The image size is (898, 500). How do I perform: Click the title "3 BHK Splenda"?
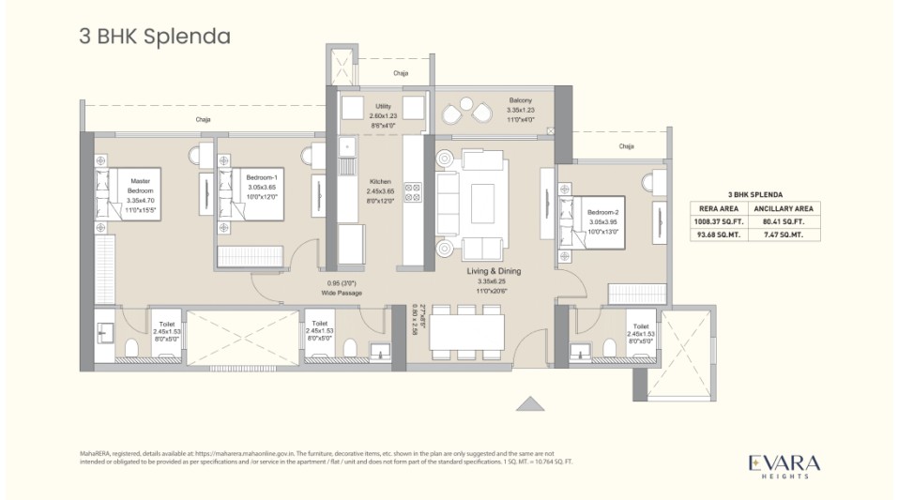[155, 37]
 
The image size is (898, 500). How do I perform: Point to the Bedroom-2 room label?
[602, 221]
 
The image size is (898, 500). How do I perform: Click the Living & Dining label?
[495, 280]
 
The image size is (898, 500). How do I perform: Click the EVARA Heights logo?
[784, 465]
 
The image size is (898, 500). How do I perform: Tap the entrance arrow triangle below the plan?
[530, 402]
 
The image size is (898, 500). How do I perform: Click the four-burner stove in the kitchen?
[411, 191]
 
